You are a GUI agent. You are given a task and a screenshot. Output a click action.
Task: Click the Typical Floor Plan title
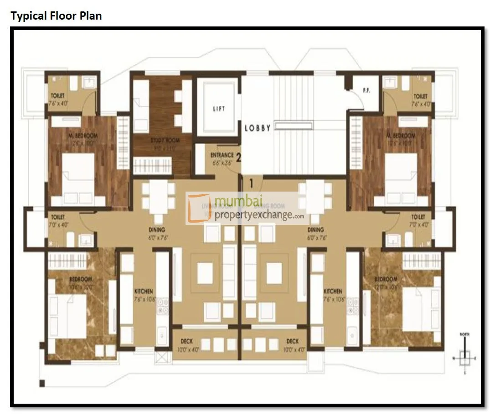pos(56,16)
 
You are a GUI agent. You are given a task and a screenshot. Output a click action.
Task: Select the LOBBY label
pos(258,128)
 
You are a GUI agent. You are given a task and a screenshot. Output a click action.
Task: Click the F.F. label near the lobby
pos(366,90)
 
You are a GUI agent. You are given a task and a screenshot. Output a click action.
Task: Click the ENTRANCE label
pos(222,155)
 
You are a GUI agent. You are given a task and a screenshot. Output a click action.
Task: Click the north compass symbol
pos(464,354)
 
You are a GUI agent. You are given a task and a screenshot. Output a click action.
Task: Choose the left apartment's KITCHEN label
pos(144,291)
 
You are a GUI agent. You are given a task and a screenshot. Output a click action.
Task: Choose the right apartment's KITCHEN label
pos(333,291)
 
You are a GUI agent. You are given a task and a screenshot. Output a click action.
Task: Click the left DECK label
pos(186,341)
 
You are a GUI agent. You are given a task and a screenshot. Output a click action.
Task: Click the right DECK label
pos(293,341)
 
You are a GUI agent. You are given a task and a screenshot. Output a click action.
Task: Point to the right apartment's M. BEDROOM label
pos(401,136)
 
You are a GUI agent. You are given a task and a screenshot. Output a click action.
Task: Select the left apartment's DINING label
pos(156,230)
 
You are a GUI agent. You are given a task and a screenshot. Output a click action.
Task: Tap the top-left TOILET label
pos(57,96)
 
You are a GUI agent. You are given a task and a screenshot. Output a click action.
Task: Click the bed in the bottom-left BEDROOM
pos(68,315)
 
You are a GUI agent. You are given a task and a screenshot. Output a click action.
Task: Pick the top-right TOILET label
pos(420,96)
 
